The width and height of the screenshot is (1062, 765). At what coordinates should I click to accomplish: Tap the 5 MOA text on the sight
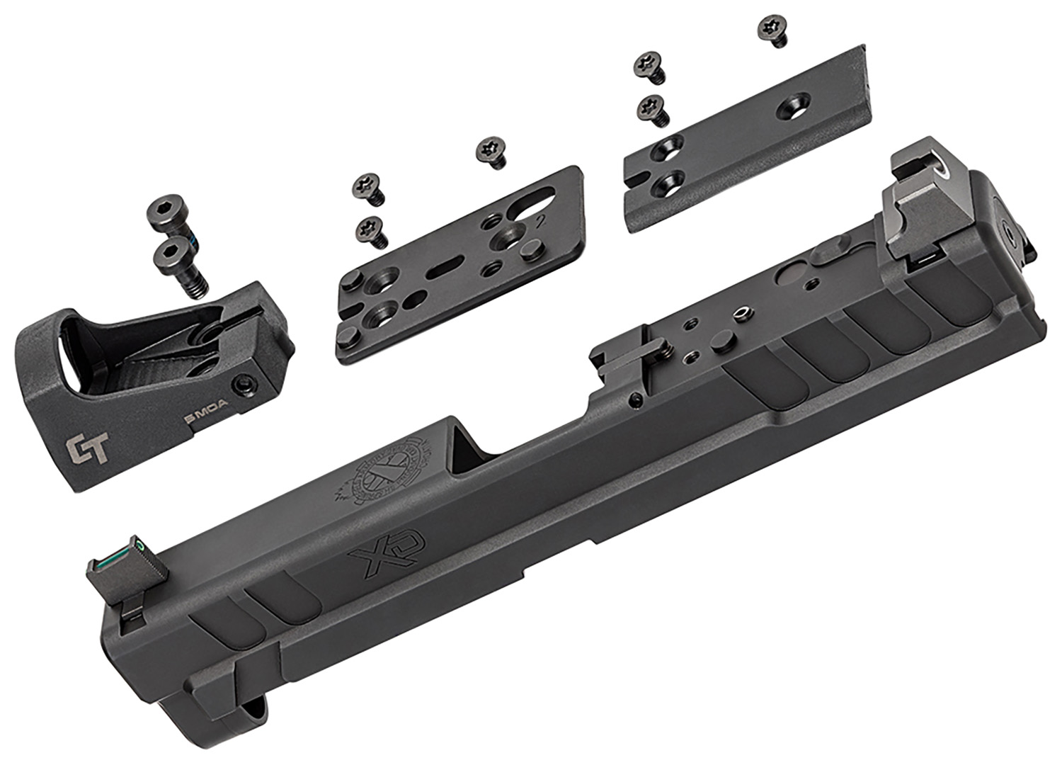(200, 420)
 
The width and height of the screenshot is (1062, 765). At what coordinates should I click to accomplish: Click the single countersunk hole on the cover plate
(794, 108)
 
